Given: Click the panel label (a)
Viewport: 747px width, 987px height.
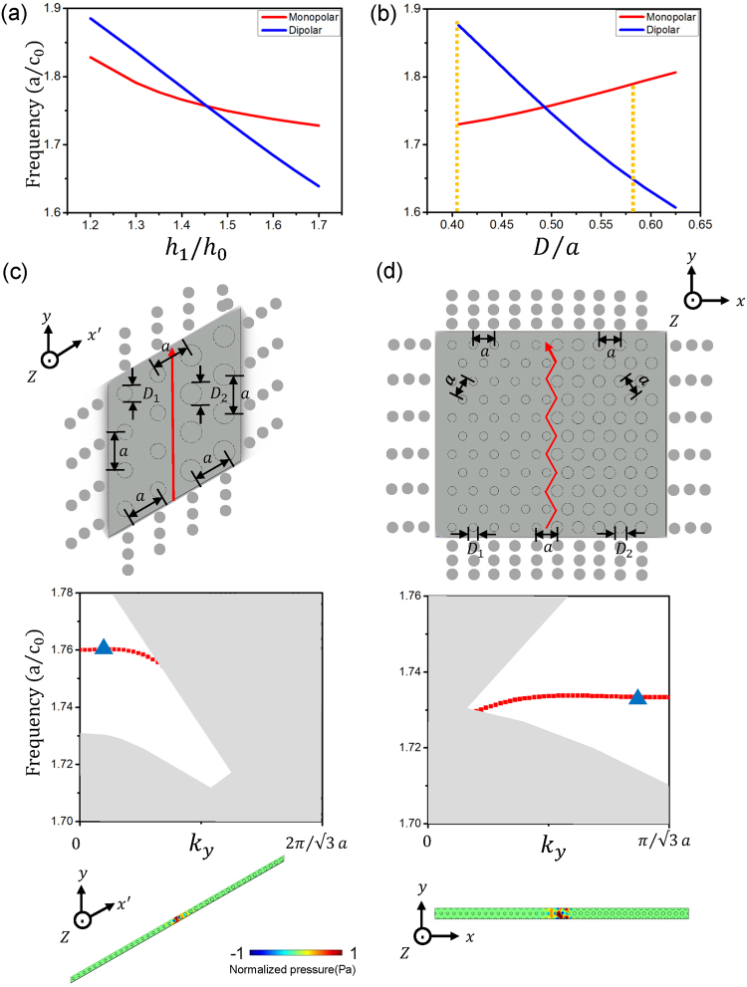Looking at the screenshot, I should click(14, 14).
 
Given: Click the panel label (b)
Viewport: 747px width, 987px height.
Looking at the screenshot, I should click(387, 14).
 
